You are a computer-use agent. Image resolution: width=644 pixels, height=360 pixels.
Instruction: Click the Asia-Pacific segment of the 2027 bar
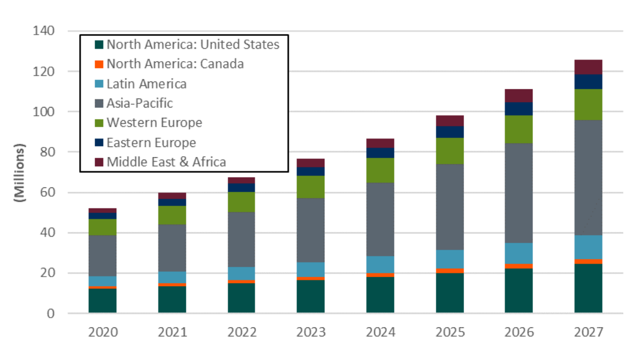(588, 178)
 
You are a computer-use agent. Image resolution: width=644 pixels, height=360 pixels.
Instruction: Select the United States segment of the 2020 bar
(103, 300)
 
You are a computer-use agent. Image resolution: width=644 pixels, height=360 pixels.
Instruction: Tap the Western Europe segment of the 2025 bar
(450, 151)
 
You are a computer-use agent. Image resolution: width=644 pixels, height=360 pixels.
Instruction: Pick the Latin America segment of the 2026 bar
(519, 253)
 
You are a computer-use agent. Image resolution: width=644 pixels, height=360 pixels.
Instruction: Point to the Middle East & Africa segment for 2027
(588, 67)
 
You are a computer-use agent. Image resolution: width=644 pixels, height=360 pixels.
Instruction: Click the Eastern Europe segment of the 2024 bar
(380, 153)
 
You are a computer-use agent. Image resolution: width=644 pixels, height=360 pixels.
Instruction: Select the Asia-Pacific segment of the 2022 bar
(242, 239)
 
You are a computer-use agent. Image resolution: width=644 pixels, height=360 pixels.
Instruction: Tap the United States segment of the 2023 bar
(311, 296)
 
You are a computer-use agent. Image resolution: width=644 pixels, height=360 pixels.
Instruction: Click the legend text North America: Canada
(175, 64)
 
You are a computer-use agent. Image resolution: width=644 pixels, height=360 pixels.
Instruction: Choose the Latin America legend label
(146, 84)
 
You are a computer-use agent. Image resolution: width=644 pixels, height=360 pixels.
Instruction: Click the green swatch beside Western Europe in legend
(99, 123)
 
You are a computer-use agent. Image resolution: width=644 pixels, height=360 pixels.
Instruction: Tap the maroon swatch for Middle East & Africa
(99, 162)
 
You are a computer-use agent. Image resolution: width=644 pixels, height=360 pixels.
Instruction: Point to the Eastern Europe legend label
(151, 143)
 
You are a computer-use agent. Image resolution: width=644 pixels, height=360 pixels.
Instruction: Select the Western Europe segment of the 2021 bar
(172, 215)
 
